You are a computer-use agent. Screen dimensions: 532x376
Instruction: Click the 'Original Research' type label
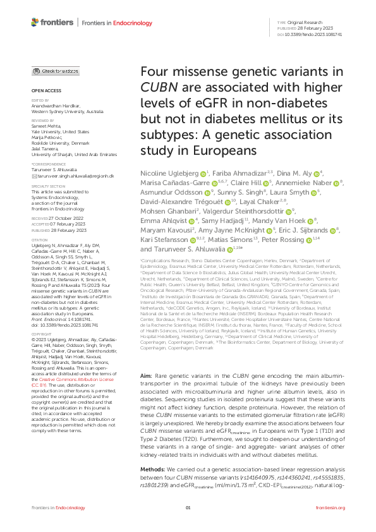pyautogui.click(x=305, y=23)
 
